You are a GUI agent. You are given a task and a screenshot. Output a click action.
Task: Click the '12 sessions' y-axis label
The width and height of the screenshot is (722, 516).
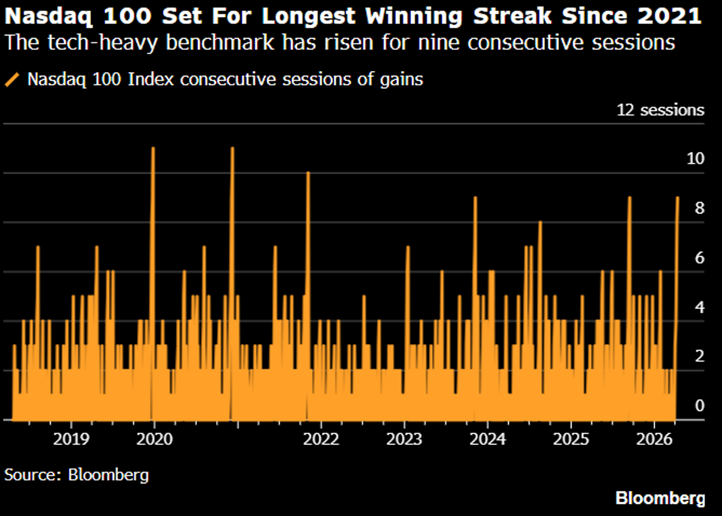pyautogui.click(x=659, y=110)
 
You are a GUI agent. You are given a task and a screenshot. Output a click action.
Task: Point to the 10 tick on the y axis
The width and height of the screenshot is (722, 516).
pyautogui.click(x=695, y=159)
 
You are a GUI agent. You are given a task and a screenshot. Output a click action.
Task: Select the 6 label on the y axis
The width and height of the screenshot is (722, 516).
pyautogui.click(x=699, y=258)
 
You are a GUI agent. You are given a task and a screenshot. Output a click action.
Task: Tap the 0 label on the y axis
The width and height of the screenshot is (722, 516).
pyautogui.click(x=699, y=406)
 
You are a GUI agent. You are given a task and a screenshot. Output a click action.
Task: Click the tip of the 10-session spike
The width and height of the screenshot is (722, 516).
pyautogui.click(x=308, y=173)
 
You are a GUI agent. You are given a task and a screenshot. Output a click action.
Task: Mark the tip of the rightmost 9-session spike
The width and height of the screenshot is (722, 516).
pyautogui.click(x=677, y=197)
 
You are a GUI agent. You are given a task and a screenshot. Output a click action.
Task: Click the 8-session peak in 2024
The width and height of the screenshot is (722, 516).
pyautogui.click(x=540, y=222)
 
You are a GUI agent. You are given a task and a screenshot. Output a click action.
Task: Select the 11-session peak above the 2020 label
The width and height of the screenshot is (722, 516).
pyautogui.click(x=153, y=148)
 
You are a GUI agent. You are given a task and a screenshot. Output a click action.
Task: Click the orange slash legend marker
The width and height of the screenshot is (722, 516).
pyautogui.click(x=13, y=79)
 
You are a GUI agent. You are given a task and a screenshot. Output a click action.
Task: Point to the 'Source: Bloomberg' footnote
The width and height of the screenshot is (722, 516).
pyautogui.click(x=76, y=475)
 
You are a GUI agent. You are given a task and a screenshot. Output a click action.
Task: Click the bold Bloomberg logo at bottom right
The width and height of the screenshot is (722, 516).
pyautogui.click(x=659, y=499)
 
